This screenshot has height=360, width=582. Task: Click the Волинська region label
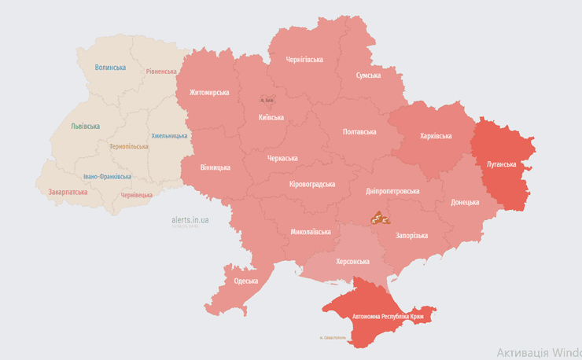coord(110,68)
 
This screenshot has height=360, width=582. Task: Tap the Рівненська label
coord(161,72)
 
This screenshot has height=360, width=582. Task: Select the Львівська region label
coord(85,126)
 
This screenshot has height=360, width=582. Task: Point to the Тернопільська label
coord(129,146)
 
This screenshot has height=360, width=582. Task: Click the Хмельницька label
coord(169,136)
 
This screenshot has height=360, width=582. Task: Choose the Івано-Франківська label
coord(108,177)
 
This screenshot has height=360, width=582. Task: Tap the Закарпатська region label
coord(68,191)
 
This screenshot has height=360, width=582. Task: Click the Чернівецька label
coord(137,194)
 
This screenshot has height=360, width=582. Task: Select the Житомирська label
coord(209,92)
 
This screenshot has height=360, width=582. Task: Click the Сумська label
coord(368,75)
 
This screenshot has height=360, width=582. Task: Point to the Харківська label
coord(436,136)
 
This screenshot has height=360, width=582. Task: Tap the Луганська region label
coord(502,164)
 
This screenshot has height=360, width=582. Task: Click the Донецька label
coord(465,202)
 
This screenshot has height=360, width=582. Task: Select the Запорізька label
coord(411,236)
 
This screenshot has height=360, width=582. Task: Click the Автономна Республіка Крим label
coord(388,316)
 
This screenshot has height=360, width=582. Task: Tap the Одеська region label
coord(246,281)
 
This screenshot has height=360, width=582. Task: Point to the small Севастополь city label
coord(333,338)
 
